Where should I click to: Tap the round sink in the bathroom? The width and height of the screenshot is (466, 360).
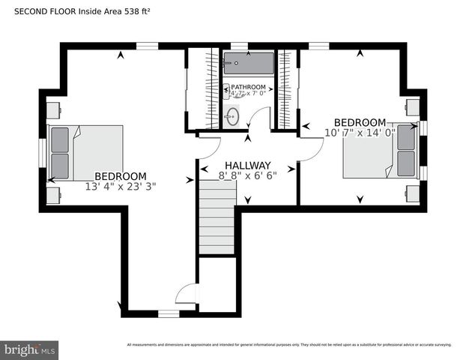232,115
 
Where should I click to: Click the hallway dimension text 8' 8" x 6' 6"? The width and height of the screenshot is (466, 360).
247,176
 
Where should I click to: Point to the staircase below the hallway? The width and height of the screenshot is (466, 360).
217,221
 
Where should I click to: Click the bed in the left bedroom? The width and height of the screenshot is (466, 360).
85,153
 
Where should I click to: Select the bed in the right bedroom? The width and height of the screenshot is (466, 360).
380,150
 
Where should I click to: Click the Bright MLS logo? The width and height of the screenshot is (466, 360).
30,349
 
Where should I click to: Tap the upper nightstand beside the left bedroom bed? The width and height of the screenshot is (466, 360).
53,110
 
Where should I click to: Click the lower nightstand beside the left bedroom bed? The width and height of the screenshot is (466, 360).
53,196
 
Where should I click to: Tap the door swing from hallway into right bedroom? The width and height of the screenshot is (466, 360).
311,148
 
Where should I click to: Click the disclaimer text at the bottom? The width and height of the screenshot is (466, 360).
289,345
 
